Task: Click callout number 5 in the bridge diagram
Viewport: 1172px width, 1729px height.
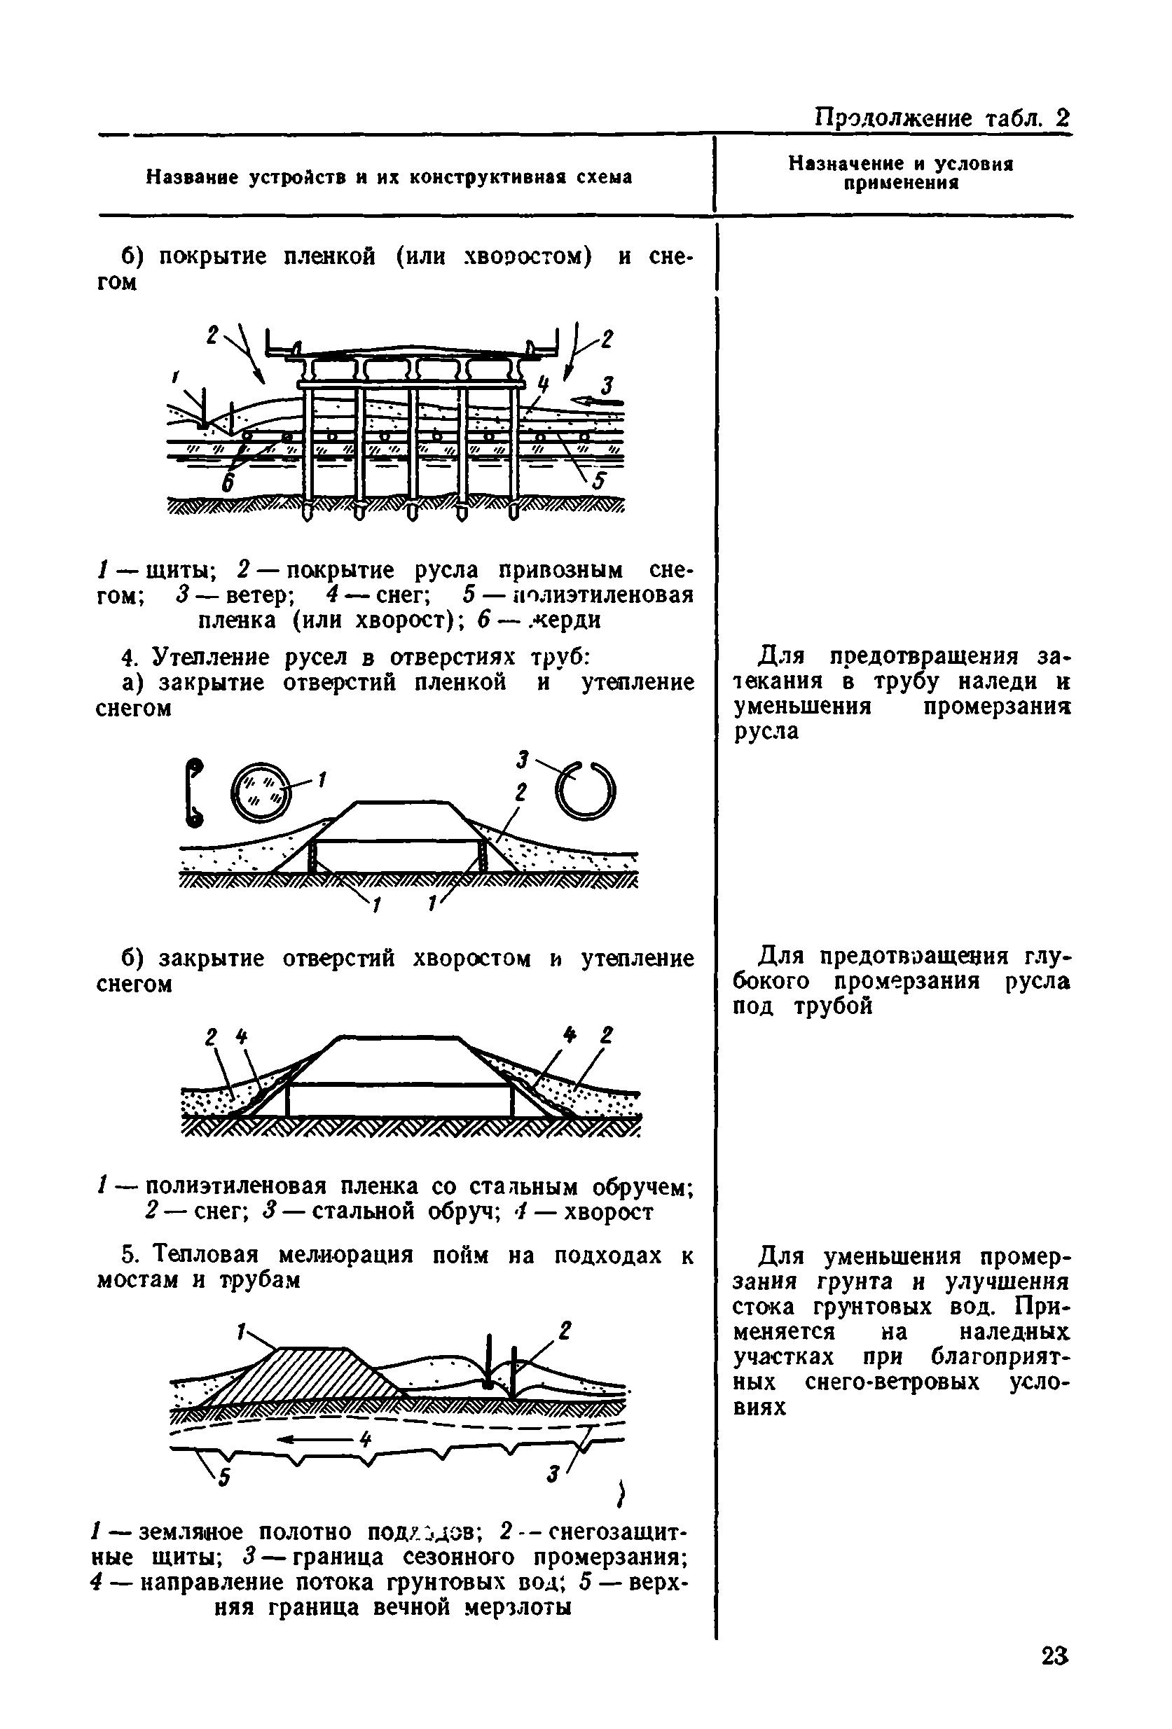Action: click(x=598, y=482)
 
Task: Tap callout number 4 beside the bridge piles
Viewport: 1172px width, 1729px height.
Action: click(x=542, y=384)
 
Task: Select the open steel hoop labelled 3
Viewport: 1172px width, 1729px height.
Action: click(x=587, y=789)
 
